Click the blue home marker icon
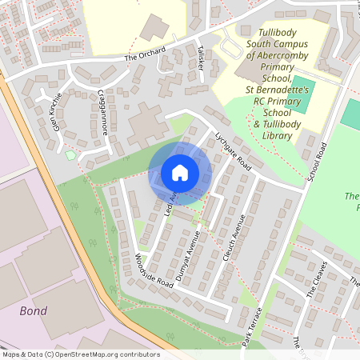(x=179, y=172)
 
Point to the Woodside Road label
(x=142, y=270)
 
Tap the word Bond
(x=33, y=310)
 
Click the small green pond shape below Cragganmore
(x=70, y=154)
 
